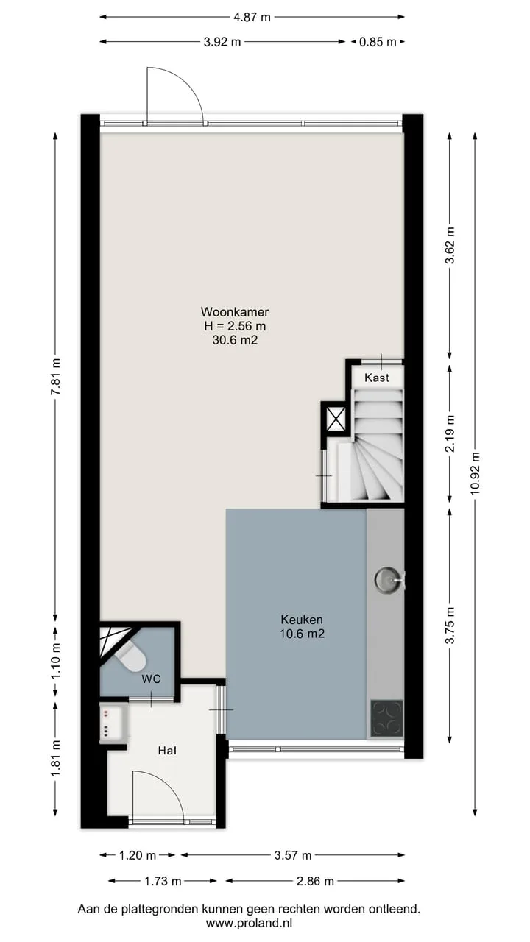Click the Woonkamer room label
235,312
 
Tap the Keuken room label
302,620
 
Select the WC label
151,679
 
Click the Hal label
167,750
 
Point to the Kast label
376,378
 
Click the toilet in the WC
131,657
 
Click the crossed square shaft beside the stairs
335,417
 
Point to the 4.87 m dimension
252,17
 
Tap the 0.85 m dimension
378,42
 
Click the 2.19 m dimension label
450,433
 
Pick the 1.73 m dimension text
163,881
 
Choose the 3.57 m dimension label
293,855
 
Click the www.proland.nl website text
249,923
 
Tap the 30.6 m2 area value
235,340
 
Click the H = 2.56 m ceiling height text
235,326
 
